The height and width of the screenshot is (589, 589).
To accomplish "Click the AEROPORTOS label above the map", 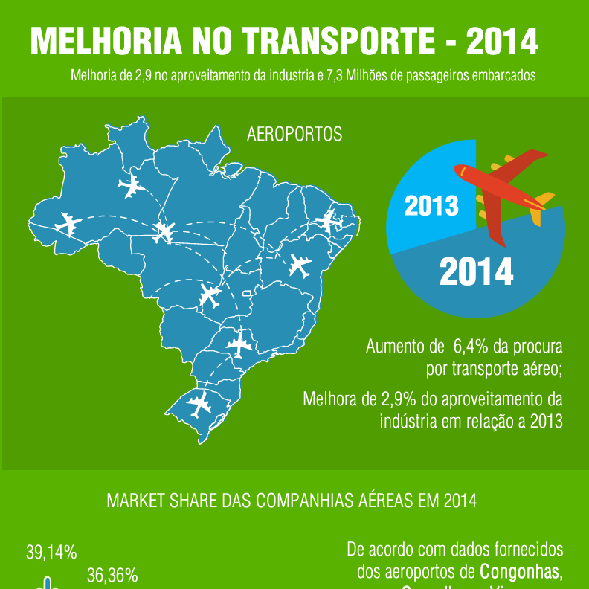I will click(294, 135).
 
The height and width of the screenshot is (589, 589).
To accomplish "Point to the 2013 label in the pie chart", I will click(431, 205).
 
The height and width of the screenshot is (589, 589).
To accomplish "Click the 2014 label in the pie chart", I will click(476, 272).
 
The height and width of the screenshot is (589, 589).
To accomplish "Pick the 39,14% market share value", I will click(51, 552).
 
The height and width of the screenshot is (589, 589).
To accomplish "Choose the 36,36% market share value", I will click(112, 575).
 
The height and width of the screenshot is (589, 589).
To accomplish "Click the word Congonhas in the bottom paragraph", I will click(521, 572).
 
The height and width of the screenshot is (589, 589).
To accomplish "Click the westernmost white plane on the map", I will click(68, 222).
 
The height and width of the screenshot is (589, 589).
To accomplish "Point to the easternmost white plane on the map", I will click(327, 221).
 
